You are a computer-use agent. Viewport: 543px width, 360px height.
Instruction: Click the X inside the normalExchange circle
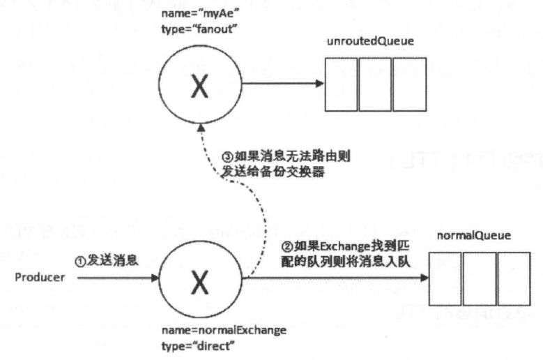coord(200,283)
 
